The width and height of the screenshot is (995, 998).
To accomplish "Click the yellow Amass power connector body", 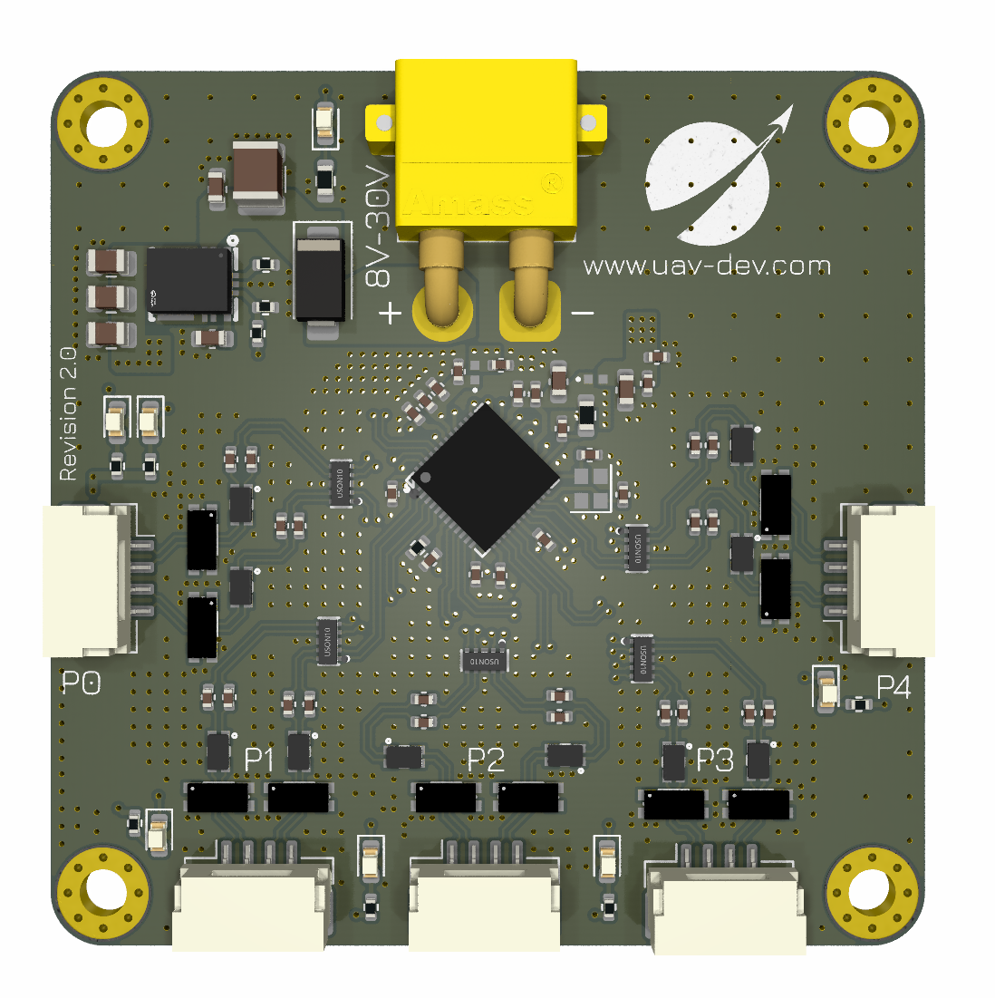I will click(x=486, y=145).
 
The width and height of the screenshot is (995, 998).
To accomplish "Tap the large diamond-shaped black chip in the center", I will click(x=484, y=478).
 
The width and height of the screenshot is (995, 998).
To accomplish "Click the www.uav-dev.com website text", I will click(x=707, y=266).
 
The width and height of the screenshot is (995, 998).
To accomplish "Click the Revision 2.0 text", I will click(x=68, y=415).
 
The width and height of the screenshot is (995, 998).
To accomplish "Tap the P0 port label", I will click(x=81, y=683).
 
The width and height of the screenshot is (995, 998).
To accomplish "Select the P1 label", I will click(x=259, y=760).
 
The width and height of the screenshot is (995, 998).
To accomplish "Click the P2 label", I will click(x=486, y=760).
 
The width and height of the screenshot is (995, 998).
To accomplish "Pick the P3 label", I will click(x=715, y=760).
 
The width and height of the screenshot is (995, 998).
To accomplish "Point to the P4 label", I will click(x=894, y=688).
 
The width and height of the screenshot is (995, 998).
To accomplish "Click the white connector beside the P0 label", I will click(x=86, y=580).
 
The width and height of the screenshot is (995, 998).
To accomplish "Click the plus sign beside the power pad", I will click(x=390, y=314).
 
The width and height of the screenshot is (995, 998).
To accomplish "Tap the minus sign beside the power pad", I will click(x=583, y=314).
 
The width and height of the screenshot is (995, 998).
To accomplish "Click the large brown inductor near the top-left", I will click(x=258, y=172).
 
